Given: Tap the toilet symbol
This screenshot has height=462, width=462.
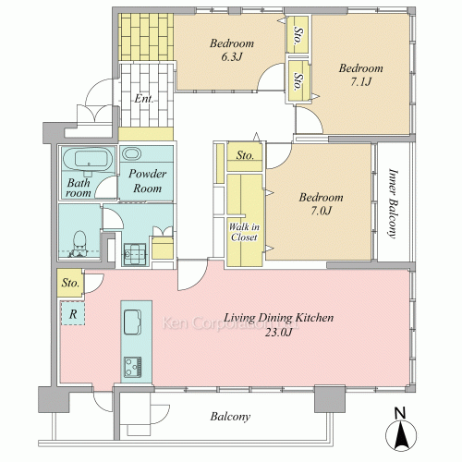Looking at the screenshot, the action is click(80, 243).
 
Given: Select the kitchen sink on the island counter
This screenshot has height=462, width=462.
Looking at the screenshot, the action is click(133, 322).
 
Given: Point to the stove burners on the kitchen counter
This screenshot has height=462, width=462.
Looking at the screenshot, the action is click(133, 367).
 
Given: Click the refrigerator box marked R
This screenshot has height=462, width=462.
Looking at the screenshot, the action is click(73, 313).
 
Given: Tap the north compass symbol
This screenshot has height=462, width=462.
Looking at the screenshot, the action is click(401, 432).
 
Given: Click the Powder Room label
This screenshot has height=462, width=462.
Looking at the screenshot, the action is click(147, 181).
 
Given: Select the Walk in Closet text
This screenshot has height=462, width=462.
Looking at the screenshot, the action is click(244, 232).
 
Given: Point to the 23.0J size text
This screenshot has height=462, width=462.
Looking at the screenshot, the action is click(278, 333).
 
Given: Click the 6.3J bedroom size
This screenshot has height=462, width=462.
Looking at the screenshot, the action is click(232, 57).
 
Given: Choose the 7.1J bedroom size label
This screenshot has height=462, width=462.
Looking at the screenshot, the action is click(361, 82).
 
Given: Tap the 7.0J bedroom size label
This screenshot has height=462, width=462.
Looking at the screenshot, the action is click(321, 211).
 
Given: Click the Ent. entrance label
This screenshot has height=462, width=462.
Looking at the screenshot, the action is click(144, 99).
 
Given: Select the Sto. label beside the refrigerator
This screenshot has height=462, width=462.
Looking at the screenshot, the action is click(70, 283).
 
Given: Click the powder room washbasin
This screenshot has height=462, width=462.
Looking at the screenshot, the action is click(132, 153).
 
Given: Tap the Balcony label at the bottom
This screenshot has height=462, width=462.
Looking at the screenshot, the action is click(230, 417).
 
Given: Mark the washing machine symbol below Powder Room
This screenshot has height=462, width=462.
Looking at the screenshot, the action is click(135, 254).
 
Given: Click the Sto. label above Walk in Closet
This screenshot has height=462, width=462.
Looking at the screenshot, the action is click(245, 155).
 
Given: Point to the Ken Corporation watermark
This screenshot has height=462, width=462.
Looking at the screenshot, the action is click(230, 323).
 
